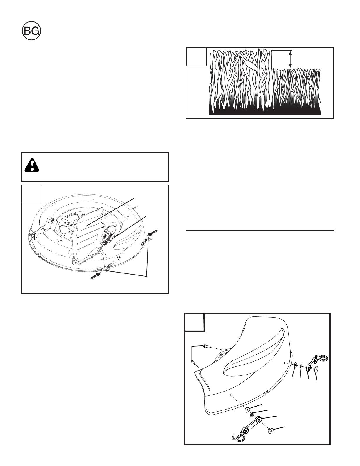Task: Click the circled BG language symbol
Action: (31, 31)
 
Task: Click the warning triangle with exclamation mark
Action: (32, 165)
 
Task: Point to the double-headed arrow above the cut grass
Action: (290, 59)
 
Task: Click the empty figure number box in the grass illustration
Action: (196, 56)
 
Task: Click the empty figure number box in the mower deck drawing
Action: (32, 194)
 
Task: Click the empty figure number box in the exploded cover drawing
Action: (194, 322)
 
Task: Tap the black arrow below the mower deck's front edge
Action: (95, 275)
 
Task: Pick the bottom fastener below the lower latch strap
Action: (270, 429)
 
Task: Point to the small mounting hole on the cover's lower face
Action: (230, 395)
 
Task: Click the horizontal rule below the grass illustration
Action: (260, 231)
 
